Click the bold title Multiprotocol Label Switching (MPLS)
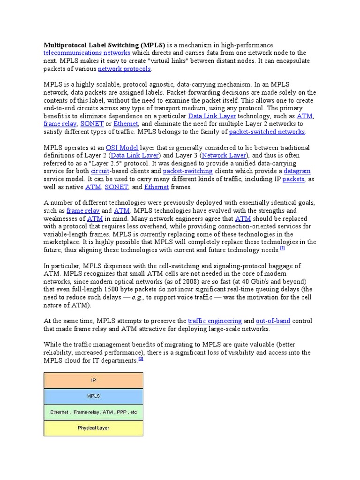pos(104,45)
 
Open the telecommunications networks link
pos(87,53)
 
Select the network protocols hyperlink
pos(124,69)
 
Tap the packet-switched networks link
pos(267,132)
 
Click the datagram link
pos(297,171)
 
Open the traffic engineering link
pos(215,321)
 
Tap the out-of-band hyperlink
pos(273,321)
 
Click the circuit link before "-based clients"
pos(100,171)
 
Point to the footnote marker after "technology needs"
pos(282,248)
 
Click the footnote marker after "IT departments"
pos(141,359)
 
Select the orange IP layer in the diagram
pos(93,380)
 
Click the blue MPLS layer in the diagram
pos(93,396)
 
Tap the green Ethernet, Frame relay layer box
pos(93,412)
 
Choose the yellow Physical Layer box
pos(93,428)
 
